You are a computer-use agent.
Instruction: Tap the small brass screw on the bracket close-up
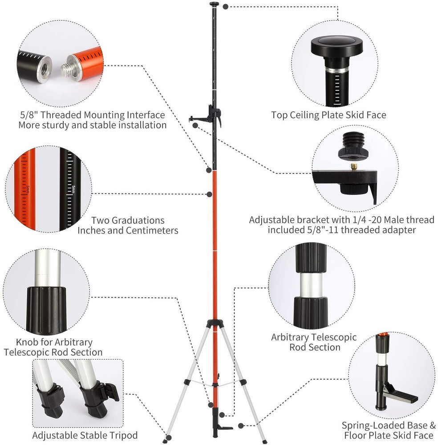click(355, 166)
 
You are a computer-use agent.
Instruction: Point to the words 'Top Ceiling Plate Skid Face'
click(328, 115)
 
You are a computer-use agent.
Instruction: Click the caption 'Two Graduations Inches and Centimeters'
click(128, 225)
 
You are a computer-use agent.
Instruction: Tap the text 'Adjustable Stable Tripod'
click(85, 435)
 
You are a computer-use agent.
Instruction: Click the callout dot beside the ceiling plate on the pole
click(225, 7)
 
